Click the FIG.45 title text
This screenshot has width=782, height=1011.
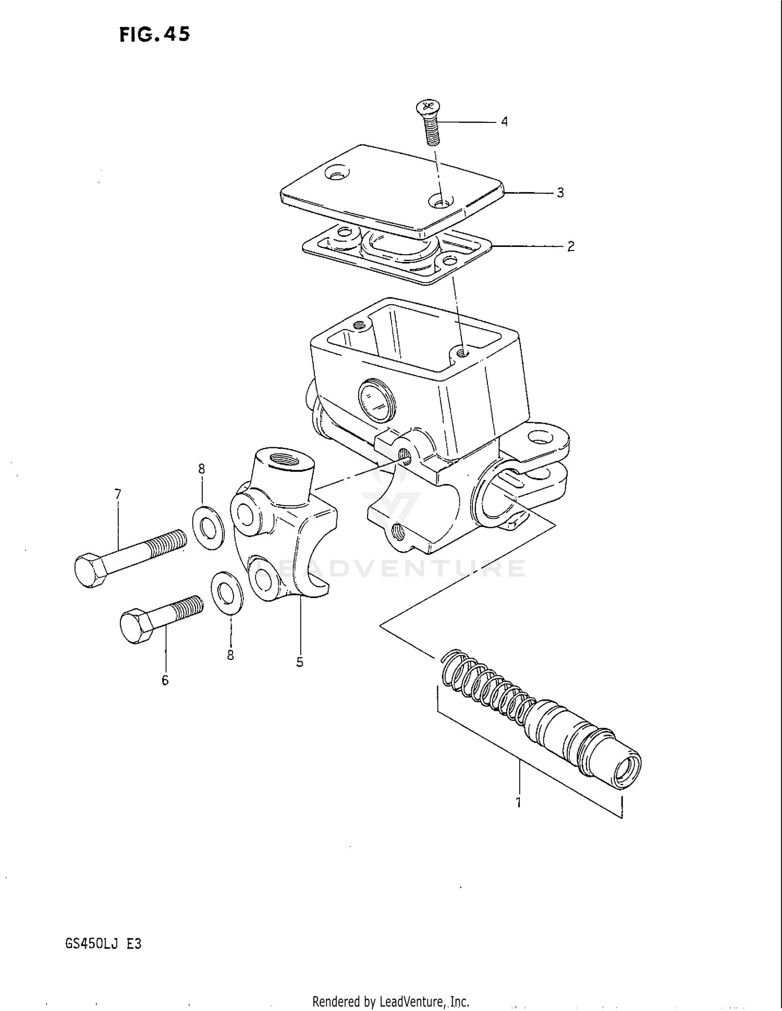pyautogui.click(x=155, y=34)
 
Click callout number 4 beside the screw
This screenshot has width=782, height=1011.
pyautogui.click(x=504, y=122)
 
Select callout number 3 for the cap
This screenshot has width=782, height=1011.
pyautogui.click(x=560, y=193)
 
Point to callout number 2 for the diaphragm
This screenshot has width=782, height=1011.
pyautogui.click(x=570, y=246)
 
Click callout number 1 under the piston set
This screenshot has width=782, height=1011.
pyautogui.click(x=518, y=803)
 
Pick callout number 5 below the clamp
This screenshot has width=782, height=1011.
pyautogui.click(x=299, y=662)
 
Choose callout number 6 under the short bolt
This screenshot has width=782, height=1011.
pyautogui.click(x=165, y=680)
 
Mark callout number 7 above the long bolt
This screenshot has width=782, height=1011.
pyautogui.click(x=118, y=494)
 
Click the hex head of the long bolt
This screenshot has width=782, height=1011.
pyautogui.click(x=91, y=570)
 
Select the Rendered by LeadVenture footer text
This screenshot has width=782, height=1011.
pyautogui.click(x=390, y=1002)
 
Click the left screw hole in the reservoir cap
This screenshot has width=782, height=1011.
pyautogui.click(x=338, y=172)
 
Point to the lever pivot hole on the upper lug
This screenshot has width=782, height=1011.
pyautogui.click(x=542, y=439)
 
